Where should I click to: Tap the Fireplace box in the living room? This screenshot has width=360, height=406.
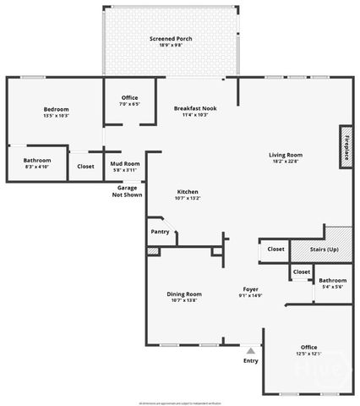[346, 144]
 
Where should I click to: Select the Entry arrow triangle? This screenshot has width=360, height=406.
[251, 348]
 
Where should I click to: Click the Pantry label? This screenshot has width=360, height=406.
[160, 232]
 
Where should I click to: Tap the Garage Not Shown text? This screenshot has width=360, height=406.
[128, 191]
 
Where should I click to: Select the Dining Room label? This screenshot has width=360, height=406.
[183, 294]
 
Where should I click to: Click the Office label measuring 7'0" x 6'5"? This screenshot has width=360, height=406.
[129, 99]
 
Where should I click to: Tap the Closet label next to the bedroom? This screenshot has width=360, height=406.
[85, 166]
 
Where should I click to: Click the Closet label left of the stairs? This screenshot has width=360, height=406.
[275, 249]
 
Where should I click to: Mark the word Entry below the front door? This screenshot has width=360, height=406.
[251, 360]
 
